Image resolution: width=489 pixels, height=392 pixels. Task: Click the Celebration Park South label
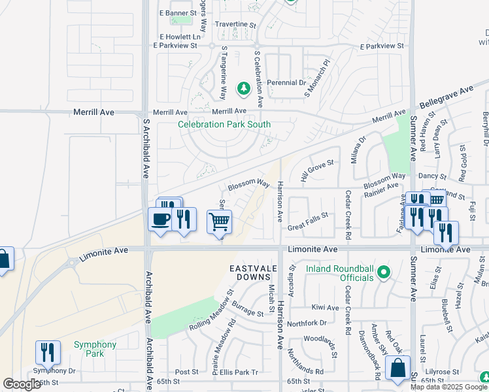pyautogui.click(x=224, y=124)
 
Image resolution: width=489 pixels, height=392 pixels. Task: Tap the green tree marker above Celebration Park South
pyautogui.click(x=243, y=88)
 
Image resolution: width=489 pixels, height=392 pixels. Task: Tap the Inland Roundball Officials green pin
pyautogui.click(x=384, y=271)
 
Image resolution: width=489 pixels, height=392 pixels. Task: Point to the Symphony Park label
pyautogui.click(x=95, y=349)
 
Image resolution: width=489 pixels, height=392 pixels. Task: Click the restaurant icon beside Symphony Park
pyautogui.click(x=48, y=352)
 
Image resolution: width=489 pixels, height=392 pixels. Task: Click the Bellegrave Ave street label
pyautogui.click(x=446, y=96)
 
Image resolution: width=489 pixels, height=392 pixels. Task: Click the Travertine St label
pyautogui.click(x=235, y=24)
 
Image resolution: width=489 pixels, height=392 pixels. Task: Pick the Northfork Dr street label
pyautogui.click(x=306, y=323)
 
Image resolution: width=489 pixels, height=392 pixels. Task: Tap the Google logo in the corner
pyautogui.click(x=22, y=384)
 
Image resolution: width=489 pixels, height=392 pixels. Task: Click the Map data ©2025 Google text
pyautogui.click(x=448, y=387)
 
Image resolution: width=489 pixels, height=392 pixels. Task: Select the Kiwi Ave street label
pyautogui.click(x=325, y=307)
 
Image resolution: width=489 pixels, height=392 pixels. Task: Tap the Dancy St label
pyautogui.click(x=431, y=176)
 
